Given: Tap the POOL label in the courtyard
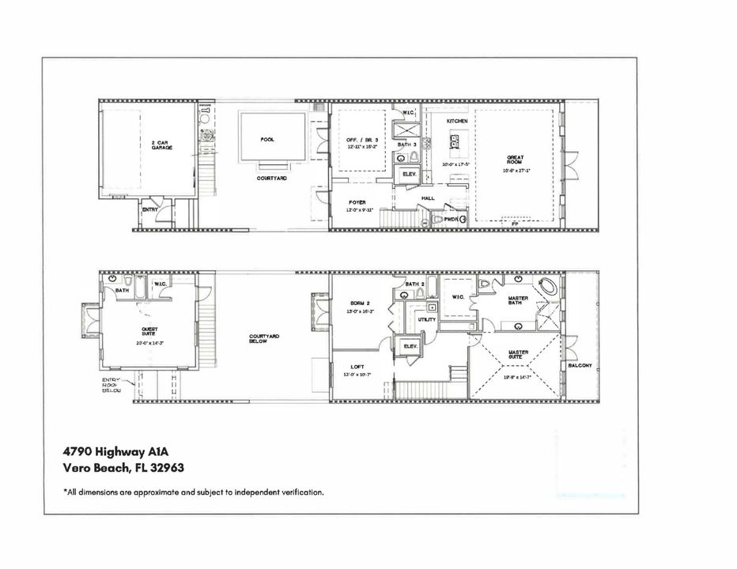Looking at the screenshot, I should [x=267, y=140].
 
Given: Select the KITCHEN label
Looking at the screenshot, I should [x=457, y=120].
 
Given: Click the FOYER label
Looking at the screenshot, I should [x=357, y=202].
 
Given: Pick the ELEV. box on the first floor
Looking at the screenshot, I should [x=410, y=173].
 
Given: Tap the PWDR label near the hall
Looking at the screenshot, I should [x=452, y=218].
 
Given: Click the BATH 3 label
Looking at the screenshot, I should [x=406, y=145].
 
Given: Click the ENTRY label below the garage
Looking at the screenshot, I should [x=150, y=209].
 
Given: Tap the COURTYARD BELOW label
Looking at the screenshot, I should [x=264, y=338].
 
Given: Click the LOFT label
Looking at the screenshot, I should [x=357, y=366].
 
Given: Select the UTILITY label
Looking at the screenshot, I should [x=427, y=319].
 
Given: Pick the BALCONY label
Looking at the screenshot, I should [x=580, y=366].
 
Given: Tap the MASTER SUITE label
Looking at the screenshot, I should [x=519, y=354].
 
